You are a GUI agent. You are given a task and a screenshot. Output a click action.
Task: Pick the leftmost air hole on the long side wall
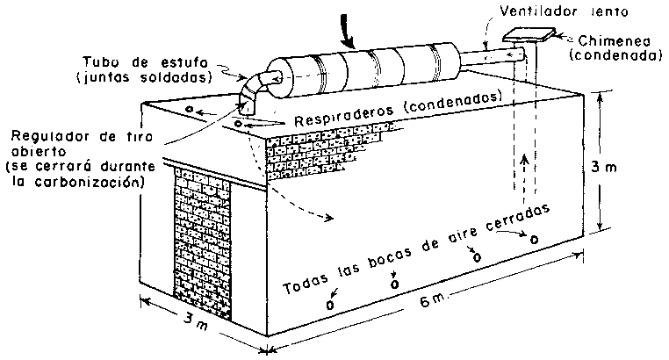pyautogui.click(x=330, y=305)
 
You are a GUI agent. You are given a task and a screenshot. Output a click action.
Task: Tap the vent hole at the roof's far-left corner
pyautogui.click(x=189, y=109)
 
